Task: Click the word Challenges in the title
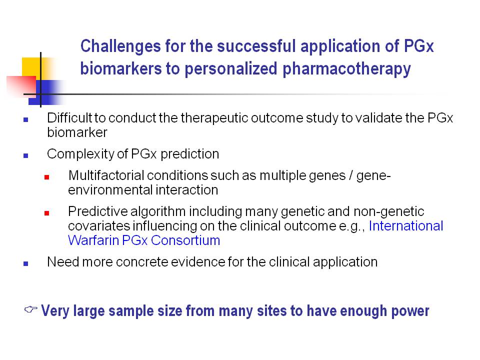tap(120, 46)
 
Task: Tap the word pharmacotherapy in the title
tap(346, 69)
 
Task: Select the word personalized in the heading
tap(231, 69)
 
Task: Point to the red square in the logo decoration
tap(21, 86)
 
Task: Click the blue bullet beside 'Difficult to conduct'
tap(25, 119)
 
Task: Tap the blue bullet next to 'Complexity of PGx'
tap(25, 156)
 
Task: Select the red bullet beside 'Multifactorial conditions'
tap(47, 177)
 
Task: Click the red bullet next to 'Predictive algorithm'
tap(47, 213)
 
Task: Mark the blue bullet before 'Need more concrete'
tap(25, 263)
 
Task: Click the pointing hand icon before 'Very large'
tap(31, 309)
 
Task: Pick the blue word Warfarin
tap(93, 240)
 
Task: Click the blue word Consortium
tap(185, 240)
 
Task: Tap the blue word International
tap(406, 226)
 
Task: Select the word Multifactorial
tap(106, 175)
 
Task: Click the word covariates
tap(99, 226)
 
